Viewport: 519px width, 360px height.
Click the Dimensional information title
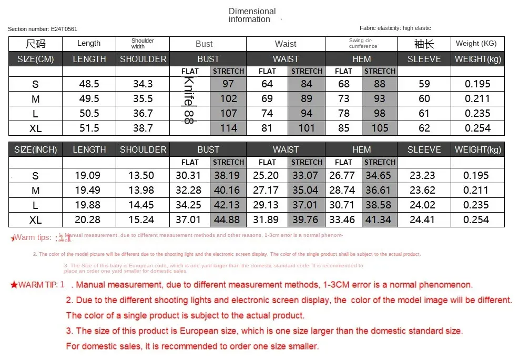(252, 15)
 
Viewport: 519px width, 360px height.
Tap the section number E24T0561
(43, 29)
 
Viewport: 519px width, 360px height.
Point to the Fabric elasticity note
(395, 28)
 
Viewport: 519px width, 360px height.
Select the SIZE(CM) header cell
(36, 59)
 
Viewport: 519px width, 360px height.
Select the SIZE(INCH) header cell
(36, 149)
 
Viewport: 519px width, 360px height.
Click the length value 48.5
(89, 84)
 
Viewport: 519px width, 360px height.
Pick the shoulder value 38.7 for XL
(143, 128)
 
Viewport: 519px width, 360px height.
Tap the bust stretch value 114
(228, 128)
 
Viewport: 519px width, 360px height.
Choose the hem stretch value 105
(380, 128)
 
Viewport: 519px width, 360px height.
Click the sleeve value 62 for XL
(424, 128)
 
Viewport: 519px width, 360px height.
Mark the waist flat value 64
(267, 84)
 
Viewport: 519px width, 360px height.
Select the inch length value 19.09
(89, 175)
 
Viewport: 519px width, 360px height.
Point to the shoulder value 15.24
(143, 219)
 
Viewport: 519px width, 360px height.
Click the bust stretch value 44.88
(228, 219)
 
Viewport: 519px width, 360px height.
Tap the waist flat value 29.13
(267, 205)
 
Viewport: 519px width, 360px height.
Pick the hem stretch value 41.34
(380, 219)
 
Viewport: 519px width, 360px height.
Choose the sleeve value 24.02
(424, 205)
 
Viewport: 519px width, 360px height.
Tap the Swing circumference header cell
(362, 43)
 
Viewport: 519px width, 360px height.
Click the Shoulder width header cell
(143, 43)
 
